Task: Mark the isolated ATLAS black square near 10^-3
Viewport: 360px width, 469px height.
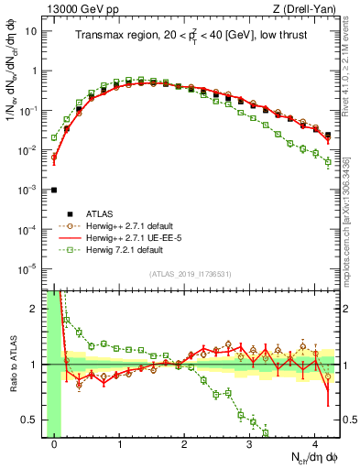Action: (x=55, y=190)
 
